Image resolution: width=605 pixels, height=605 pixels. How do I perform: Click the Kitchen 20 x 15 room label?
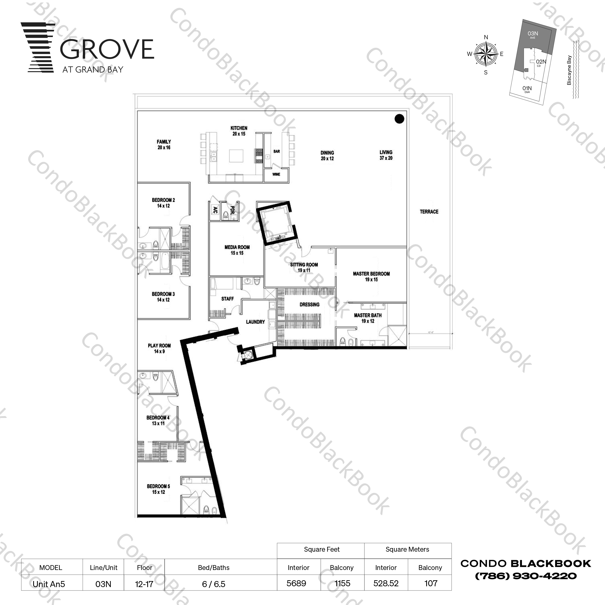(239, 131)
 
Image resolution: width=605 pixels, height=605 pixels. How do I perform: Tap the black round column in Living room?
(399, 119)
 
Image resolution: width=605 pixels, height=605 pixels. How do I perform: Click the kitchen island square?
(236, 156)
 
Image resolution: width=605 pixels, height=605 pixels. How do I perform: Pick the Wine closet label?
(276, 174)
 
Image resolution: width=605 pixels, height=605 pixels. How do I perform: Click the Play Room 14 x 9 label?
(159, 348)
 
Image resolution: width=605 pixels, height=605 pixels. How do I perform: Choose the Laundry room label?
(255, 322)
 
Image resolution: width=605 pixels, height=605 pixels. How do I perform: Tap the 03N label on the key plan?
(533, 34)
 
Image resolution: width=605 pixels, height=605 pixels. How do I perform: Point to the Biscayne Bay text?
(569, 70)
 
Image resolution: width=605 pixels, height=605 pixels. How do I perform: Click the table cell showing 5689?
(296, 583)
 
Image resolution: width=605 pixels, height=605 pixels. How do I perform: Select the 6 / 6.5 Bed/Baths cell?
(214, 584)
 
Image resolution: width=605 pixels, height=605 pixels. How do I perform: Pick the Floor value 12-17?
(144, 584)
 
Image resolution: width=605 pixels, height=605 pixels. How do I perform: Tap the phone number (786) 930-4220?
(526, 576)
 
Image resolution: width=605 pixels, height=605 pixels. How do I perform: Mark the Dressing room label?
(309, 304)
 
